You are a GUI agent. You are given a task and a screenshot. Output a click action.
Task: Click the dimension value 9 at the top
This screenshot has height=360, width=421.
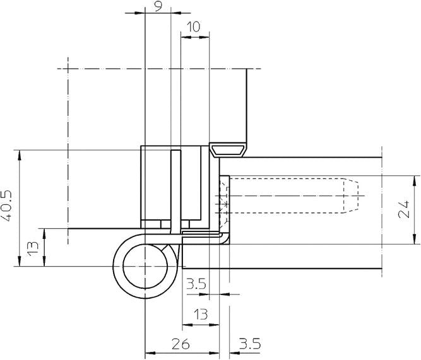click(x=157, y=6)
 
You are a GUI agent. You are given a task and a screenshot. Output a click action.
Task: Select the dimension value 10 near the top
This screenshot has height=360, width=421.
click(x=194, y=26)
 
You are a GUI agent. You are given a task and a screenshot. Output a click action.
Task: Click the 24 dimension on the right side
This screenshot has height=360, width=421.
click(x=406, y=209)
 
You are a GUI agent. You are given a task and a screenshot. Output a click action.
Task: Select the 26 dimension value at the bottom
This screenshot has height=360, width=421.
click(x=182, y=344)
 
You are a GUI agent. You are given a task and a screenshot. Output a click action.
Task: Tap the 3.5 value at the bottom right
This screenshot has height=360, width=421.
click(x=250, y=344)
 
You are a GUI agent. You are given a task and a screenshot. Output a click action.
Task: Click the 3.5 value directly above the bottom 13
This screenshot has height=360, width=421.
click(x=196, y=285)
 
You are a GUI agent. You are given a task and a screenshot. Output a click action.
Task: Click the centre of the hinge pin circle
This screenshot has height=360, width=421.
click(x=145, y=267)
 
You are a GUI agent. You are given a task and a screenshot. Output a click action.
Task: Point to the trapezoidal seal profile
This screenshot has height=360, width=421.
click(x=228, y=149)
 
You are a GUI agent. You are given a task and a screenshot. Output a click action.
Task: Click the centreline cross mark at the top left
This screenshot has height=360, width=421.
click(x=66, y=68)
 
